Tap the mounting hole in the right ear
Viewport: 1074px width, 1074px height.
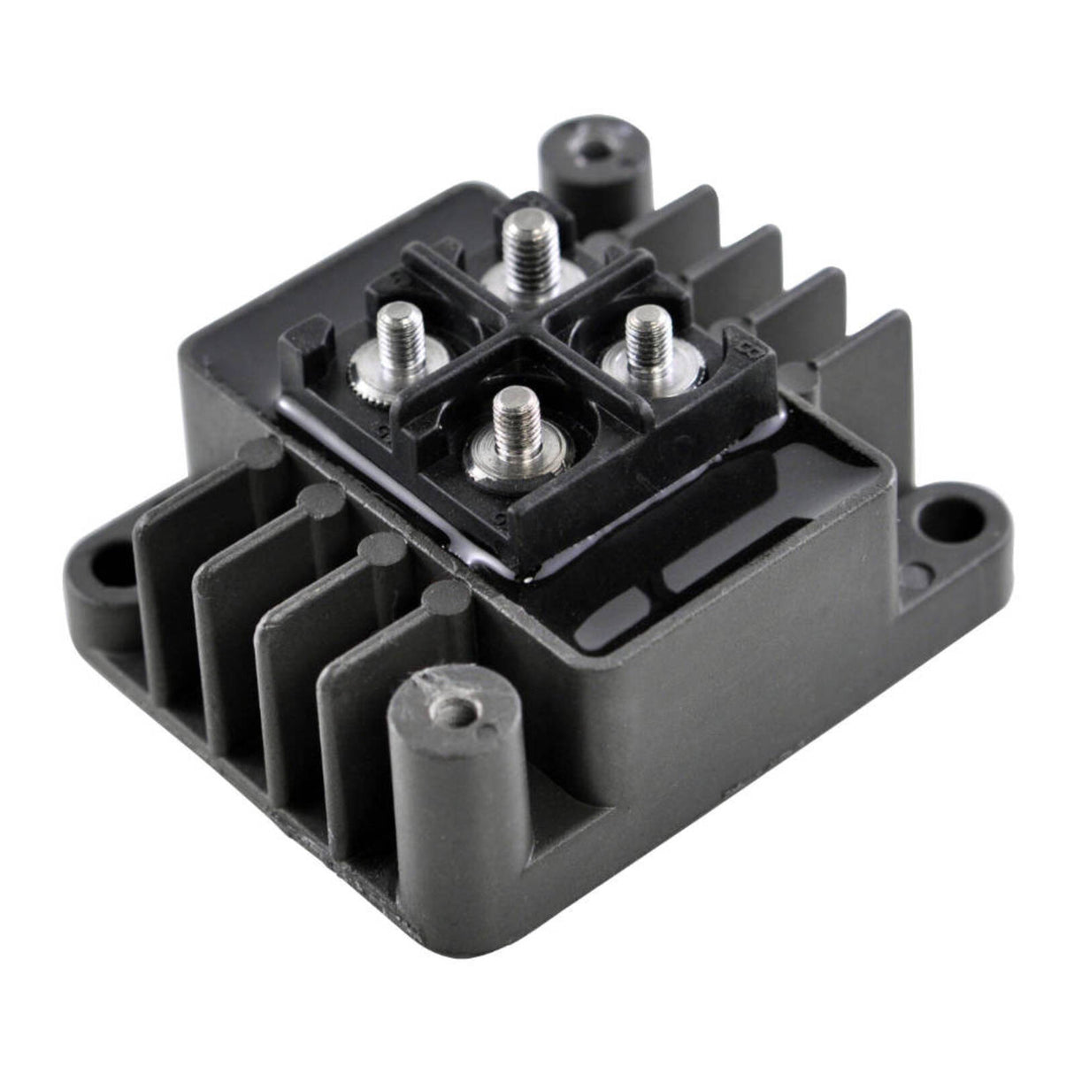(x=949, y=516)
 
